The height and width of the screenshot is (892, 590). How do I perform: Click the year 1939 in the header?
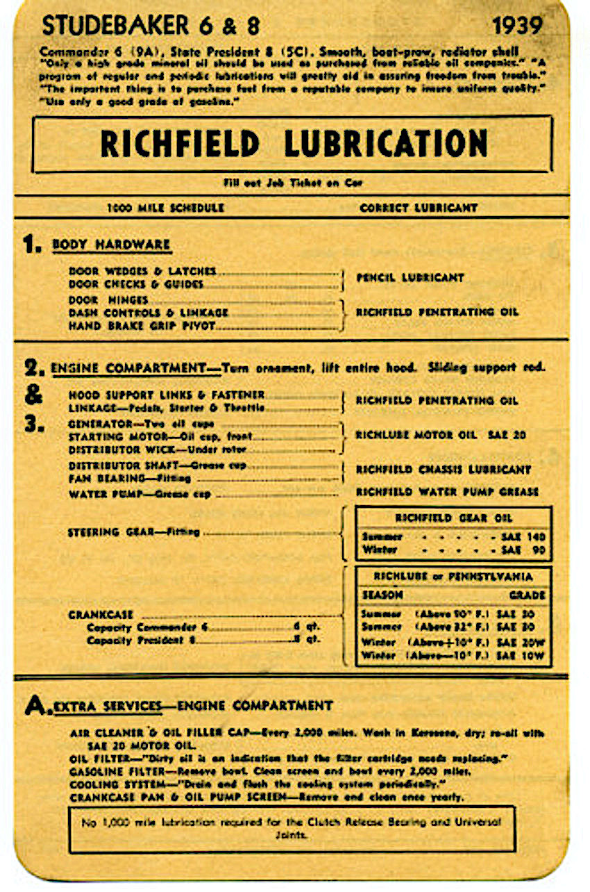click(516, 26)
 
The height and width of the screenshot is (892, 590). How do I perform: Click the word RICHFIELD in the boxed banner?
click(180, 144)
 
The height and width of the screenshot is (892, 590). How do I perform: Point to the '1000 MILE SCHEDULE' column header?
click(166, 207)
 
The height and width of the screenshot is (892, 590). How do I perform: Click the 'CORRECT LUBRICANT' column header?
click(419, 207)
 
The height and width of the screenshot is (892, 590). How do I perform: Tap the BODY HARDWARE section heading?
click(112, 245)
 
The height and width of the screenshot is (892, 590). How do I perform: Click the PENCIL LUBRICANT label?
click(410, 277)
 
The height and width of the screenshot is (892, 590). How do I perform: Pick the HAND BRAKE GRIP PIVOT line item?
click(142, 325)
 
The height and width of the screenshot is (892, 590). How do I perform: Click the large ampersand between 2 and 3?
click(32, 395)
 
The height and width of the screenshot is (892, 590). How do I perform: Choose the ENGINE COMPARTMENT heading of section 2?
click(129, 367)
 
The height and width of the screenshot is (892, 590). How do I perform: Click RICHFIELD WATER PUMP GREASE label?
click(447, 492)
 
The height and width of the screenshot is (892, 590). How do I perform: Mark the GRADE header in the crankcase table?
click(527, 595)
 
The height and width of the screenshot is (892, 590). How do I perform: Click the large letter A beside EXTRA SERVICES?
click(33, 705)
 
